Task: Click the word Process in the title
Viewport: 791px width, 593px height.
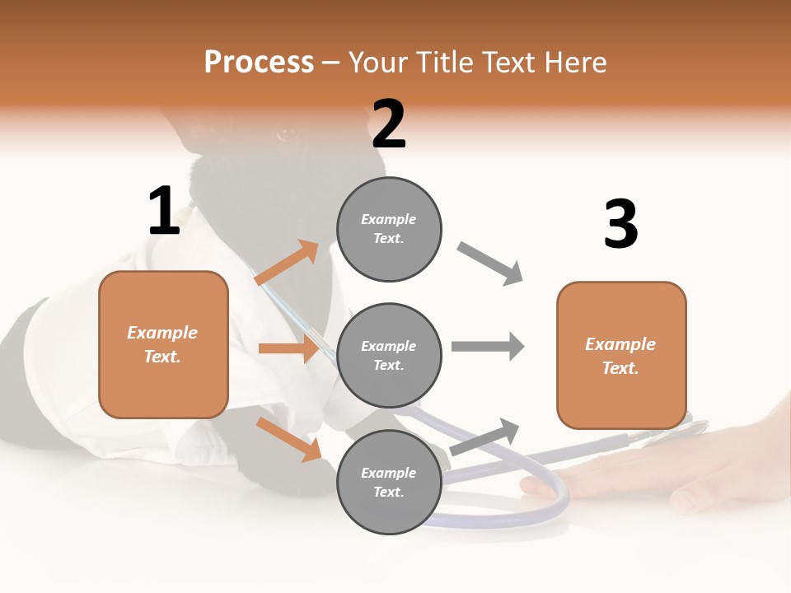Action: click(x=260, y=63)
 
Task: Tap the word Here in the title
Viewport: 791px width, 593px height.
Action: click(x=575, y=62)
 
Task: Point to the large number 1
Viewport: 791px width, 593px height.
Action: click(x=165, y=210)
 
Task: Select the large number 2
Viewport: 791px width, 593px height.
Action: click(x=389, y=124)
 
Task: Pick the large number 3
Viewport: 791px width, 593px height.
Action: click(x=621, y=223)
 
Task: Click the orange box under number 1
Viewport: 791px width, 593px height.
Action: click(x=163, y=345)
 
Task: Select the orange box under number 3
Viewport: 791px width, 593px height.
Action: click(x=621, y=356)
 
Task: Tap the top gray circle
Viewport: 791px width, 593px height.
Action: click(x=389, y=229)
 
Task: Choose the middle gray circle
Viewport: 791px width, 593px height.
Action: click(x=389, y=356)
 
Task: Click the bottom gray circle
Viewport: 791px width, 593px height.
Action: click(x=389, y=482)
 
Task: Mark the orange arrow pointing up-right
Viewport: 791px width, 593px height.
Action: click(x=287, y=262)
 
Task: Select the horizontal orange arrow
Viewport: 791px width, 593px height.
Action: click(x=288, y=348)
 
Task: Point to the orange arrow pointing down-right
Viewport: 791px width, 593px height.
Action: click(x=288, y=440)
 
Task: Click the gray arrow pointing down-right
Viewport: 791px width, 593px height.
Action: click(x=489, y=264)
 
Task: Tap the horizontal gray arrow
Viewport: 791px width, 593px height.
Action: click(x=488, y=347)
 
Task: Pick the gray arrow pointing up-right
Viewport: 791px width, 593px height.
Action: click(x=484, y=437)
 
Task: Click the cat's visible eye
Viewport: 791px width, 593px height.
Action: click(x=286, y=133)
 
